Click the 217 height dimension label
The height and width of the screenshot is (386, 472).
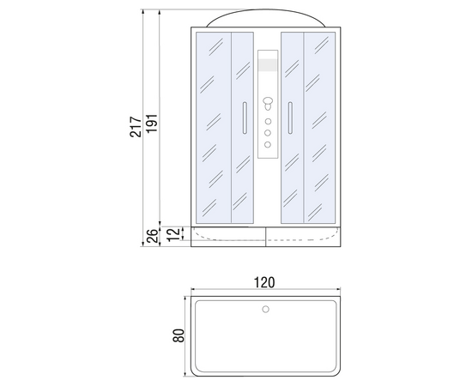coord(136,127)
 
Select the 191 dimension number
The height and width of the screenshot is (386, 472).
coord(152,123)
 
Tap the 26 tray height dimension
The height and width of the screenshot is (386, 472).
coord(153,236)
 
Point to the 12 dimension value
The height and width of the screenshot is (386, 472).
coord(173,235)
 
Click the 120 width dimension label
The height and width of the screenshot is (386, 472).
coord(264,282)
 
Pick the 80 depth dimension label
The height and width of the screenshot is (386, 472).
coord(179,335)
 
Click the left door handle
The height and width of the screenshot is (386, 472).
coord(245,118)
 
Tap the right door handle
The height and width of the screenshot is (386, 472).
coord(290,118)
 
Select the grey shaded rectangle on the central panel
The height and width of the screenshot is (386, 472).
coord(268,65)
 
